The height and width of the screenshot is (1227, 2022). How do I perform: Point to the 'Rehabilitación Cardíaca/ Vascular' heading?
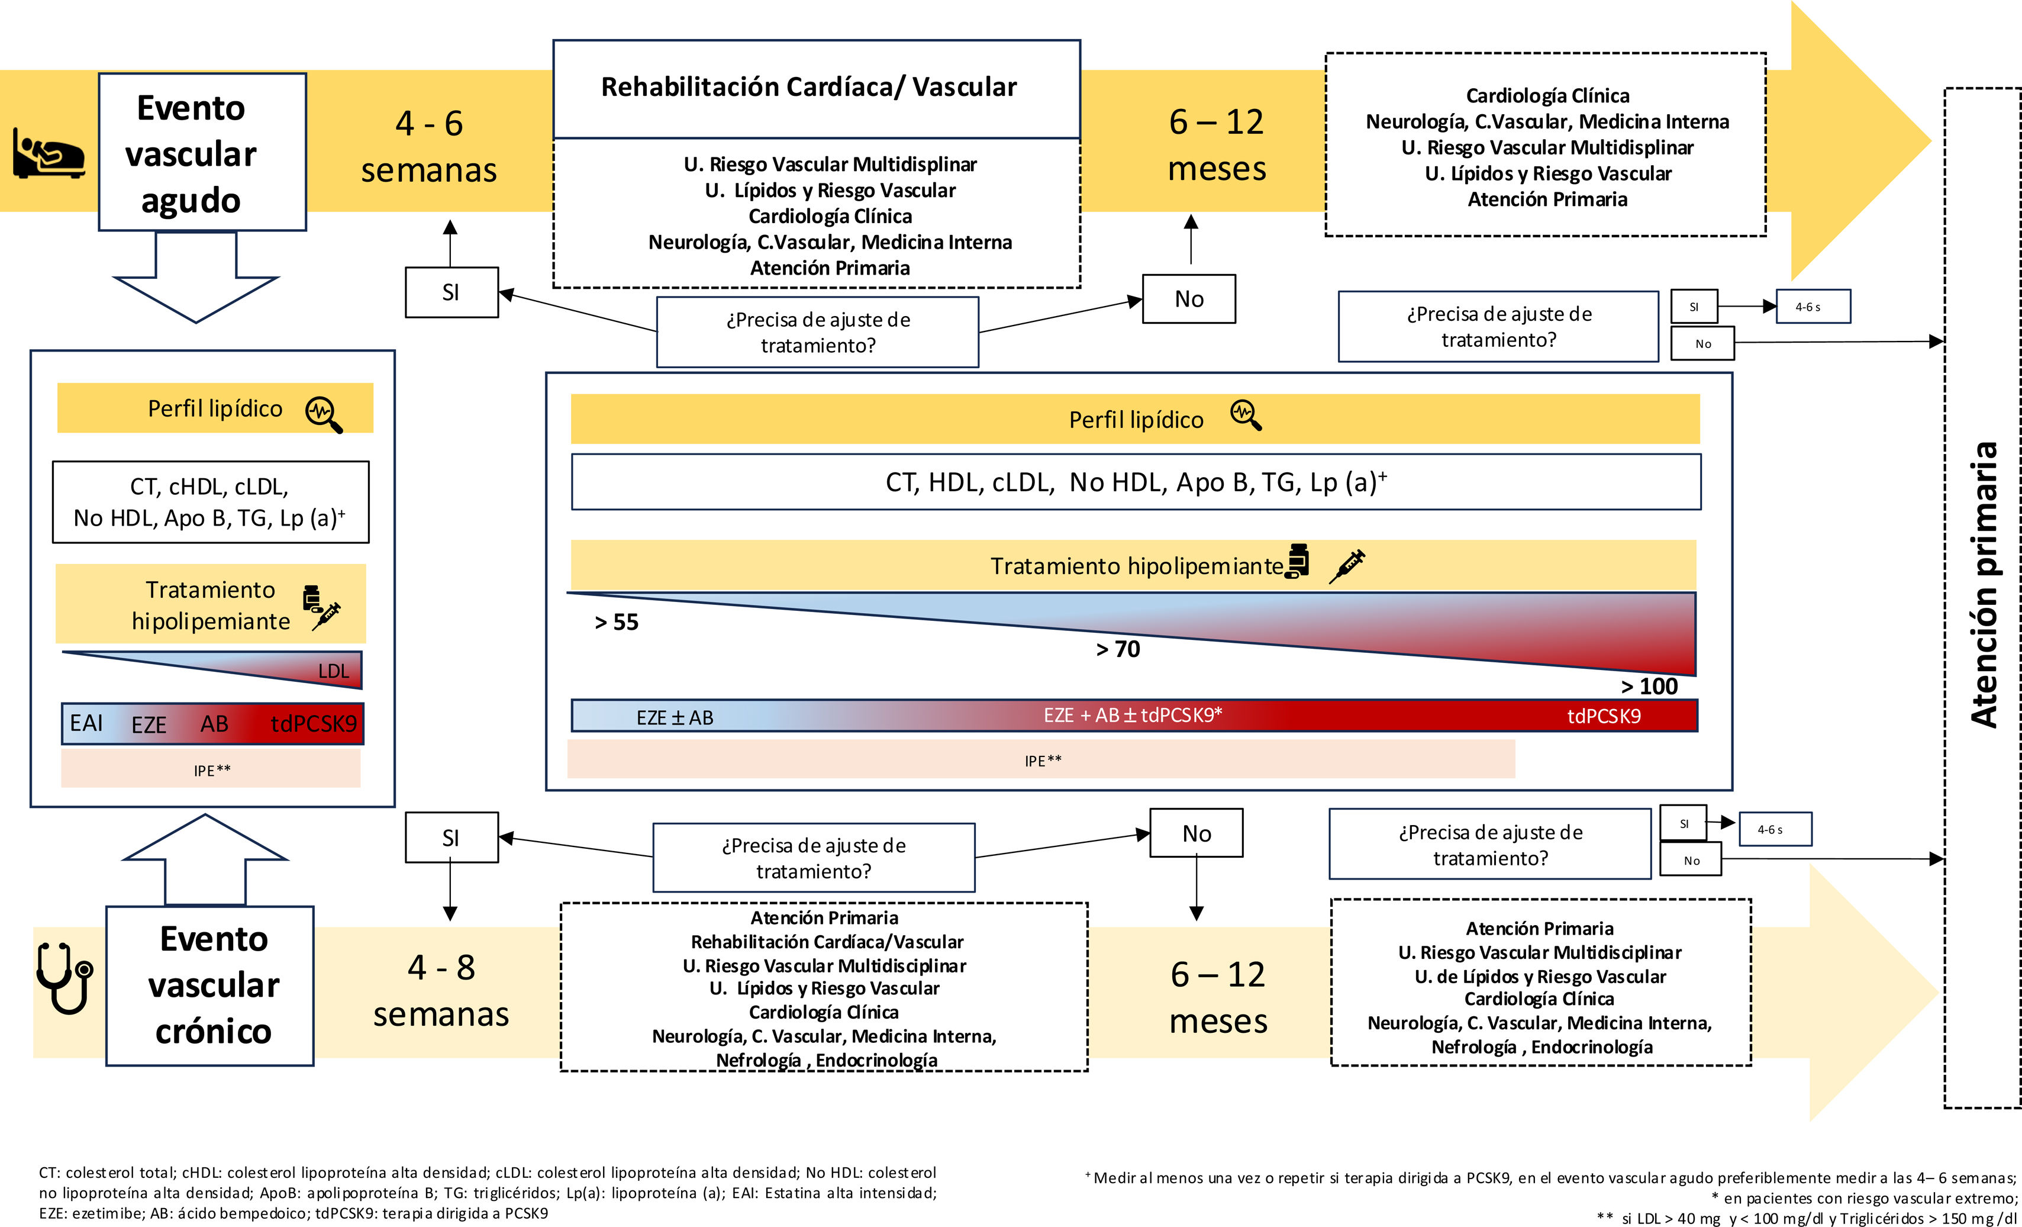coord(808,87)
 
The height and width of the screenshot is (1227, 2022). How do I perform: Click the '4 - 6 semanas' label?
coord(428,147)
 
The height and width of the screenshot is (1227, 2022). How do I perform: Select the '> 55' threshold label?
coord(616,622)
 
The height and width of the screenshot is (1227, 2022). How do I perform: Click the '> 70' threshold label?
coord(1118,649)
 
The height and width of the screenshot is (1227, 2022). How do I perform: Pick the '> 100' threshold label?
coord(1649,686)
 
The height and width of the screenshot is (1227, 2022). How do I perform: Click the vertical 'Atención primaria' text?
coord(1984,584)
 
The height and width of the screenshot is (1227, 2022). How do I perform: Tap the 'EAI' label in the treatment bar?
coord(86,723)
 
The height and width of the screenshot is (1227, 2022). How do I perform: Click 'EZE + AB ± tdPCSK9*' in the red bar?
coord(1133,715)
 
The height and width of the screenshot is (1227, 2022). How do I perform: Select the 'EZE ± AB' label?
coord(675,717)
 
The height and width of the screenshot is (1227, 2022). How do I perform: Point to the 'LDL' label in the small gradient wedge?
coord(333,671)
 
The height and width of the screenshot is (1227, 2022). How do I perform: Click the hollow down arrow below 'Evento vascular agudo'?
coord(196,279)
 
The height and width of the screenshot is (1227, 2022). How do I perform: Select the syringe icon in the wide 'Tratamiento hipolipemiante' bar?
coord(1347,565)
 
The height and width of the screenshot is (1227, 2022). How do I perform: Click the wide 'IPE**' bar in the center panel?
coord(1041,760)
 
